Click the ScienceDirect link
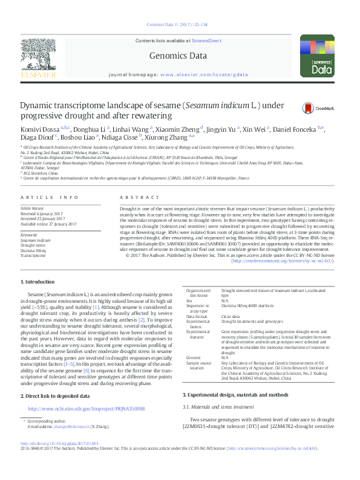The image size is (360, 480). pyautogui.click(x=207, y=41)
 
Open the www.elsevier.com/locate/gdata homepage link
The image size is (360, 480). pyautogui.click(x=196, y=74)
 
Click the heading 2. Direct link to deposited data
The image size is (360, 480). pyautogui.click(x=55, y=395)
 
